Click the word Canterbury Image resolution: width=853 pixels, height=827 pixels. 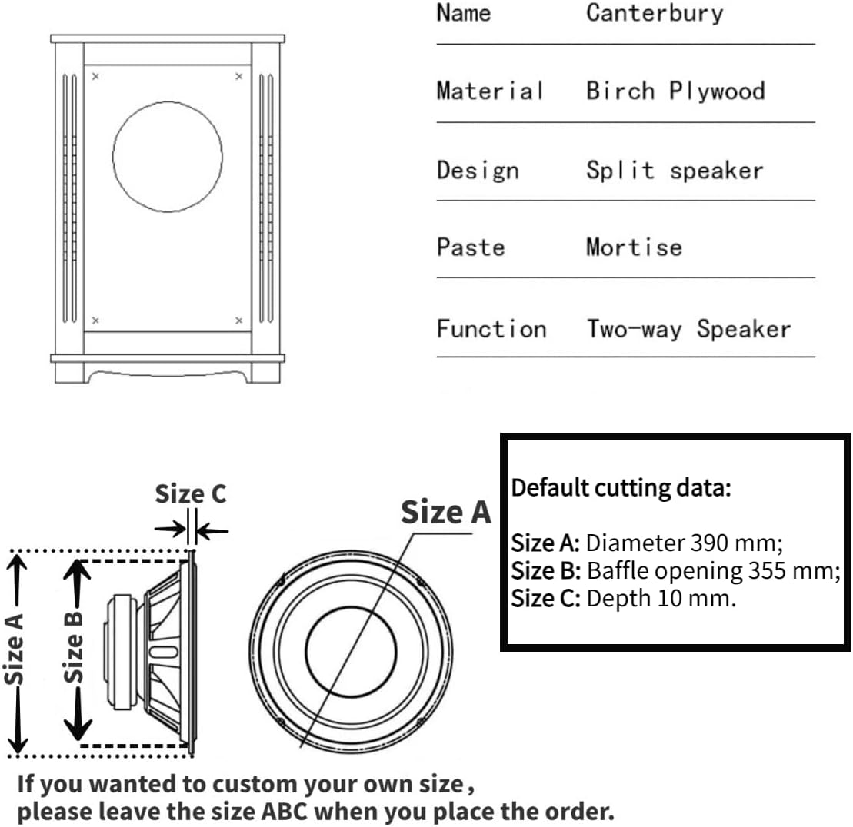tap(654, 14)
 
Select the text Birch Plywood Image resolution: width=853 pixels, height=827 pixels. tap(675, 91)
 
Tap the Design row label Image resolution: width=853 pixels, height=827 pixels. tap(478, 170)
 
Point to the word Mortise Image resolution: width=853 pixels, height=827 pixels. tap(634, 247)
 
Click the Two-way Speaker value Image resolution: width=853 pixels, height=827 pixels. tap(688, 330)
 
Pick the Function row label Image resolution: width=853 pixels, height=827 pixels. tap(491, 330)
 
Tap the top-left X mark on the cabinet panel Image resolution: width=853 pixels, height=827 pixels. tap(95, 76)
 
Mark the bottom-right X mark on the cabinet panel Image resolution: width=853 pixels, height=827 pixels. tap(238, 320)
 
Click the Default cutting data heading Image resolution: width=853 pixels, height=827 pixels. tap(621, 487)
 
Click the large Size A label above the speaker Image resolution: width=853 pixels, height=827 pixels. tap(445, 512)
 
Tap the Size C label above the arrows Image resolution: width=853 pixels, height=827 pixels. tap(191, 494)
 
